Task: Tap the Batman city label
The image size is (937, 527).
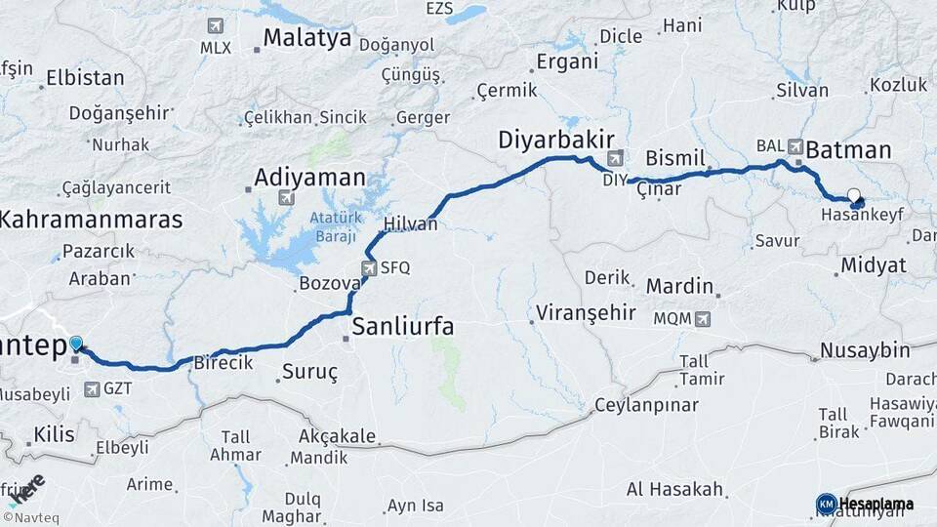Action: click(x=848, y=150)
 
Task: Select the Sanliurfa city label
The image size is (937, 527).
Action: click(x=403, y=326)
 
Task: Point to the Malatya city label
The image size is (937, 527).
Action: click(x=307, y=39)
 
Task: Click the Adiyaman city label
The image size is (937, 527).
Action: click(x=309, y=179)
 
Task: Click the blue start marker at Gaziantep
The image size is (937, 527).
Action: click(x=76, y=344)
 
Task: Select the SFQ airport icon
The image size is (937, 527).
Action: click(x=368, y=267)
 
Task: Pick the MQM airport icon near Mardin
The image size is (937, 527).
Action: click(x=703, y=319)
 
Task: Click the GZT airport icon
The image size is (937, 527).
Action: click(x=92, y=389)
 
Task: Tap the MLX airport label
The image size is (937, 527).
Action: click(x=216, y=47)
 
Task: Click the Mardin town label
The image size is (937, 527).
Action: click(x=680, y=287)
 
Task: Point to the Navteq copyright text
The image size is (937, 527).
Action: click(x=35, y=517)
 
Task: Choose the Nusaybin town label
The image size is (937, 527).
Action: click(x=865, y=350)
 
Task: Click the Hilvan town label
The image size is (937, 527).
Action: click(x=411, y=223)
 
